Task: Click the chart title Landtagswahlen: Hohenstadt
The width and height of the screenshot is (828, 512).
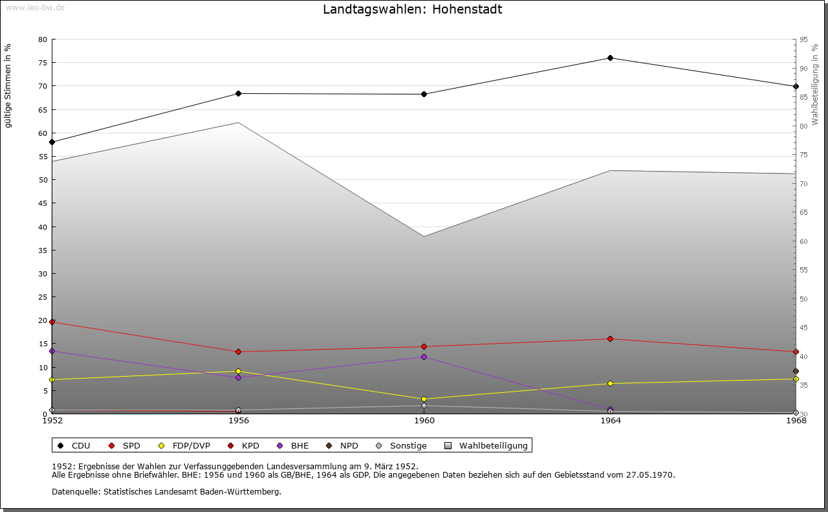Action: pos(412,10)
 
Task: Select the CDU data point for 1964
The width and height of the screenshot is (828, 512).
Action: pos(610,58)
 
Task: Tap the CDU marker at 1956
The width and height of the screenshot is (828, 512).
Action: pos(238,93)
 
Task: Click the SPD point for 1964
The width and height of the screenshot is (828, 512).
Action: pos(610,339)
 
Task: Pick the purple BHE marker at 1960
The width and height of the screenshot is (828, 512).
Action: pos(424,357)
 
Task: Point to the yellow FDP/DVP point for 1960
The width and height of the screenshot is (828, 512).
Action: pos(424,399)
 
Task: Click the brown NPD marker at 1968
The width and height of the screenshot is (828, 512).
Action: pos(796,372)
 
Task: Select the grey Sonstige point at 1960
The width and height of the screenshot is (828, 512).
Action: pos(424,406)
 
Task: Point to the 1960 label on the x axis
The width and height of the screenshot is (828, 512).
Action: pos(424,421)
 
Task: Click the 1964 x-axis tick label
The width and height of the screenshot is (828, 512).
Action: pos(610,421)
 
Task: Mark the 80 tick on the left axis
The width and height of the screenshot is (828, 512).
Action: pos(43,39)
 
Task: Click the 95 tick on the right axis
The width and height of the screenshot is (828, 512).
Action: pos(803,39)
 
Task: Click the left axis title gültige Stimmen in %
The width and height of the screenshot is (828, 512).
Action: pos(8,85)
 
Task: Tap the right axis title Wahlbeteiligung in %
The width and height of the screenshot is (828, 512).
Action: pos(815,84)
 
